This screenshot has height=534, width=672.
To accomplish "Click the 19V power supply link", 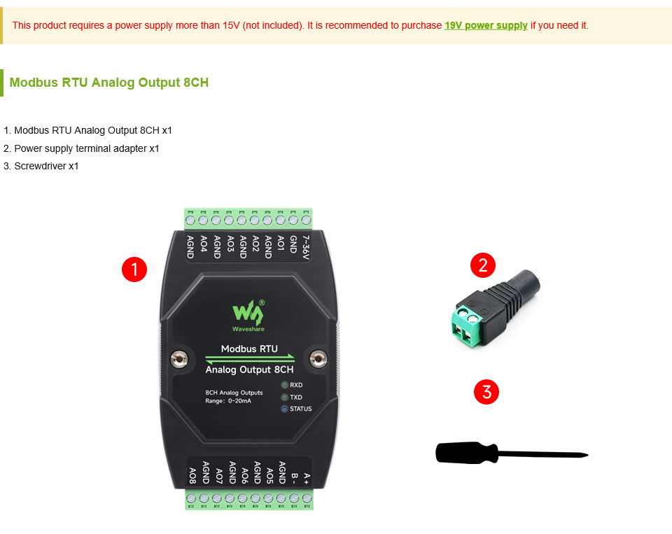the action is (486, 25).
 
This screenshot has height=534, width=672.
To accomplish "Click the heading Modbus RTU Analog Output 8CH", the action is (109, 83).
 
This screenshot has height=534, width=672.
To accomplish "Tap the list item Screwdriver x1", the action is (41, 166).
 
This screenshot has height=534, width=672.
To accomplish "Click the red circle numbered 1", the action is (134, 269).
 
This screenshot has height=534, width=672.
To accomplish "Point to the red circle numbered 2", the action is (483, 265).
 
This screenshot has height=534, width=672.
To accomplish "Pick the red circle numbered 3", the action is (486, 392).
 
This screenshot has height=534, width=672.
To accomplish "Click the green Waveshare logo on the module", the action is (248, 316).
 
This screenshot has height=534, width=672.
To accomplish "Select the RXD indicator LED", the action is (284, 385).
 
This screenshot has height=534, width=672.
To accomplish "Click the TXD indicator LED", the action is (284, 398).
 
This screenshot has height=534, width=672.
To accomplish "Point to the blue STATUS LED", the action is (284, 409).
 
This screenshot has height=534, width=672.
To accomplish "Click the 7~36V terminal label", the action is (306, 247).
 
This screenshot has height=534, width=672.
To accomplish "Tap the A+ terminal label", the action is (307, 478).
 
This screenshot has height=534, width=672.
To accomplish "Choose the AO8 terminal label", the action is (193, 476).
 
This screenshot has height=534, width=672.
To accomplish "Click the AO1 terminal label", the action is (281, 243).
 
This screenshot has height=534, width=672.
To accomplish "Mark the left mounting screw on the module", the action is (179, 359).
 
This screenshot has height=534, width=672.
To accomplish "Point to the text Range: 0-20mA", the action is (228, 401).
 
